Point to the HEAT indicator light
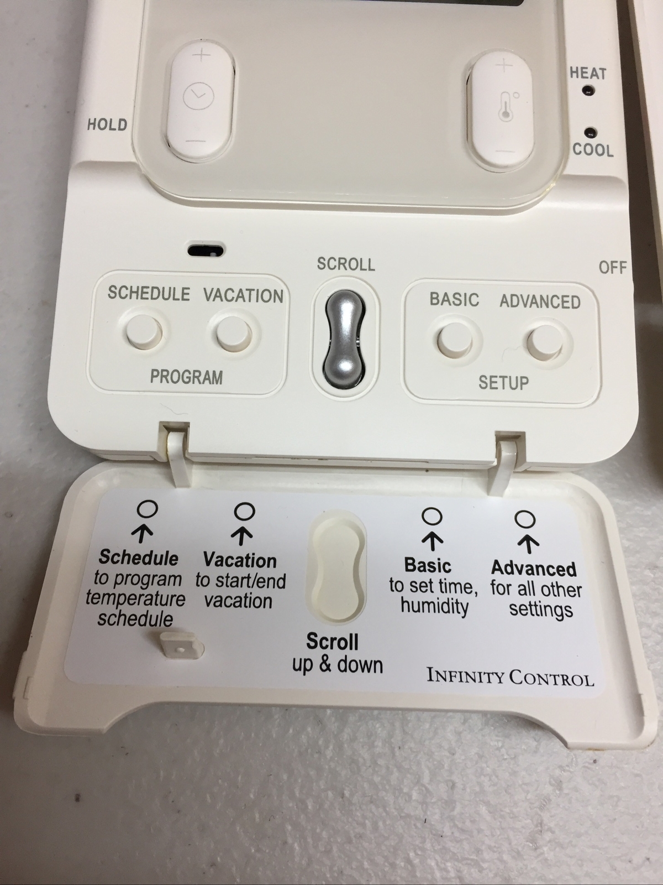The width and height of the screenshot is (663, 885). [587, 90]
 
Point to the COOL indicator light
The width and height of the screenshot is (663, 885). [591, 132]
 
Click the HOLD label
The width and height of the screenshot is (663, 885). [107, 124]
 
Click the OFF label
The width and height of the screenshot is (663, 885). [612, 268]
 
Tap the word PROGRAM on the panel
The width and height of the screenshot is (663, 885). [187, 377]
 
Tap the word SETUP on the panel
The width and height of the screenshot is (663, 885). [503, 382]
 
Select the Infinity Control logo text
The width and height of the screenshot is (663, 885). [510, 676]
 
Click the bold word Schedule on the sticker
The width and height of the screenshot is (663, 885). [139, 558]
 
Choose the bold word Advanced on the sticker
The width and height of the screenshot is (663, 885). [534, 568]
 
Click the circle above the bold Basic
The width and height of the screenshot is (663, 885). [432, 516]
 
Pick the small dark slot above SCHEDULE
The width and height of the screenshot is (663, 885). [206, 251]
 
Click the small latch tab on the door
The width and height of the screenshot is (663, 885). [181, 645]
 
